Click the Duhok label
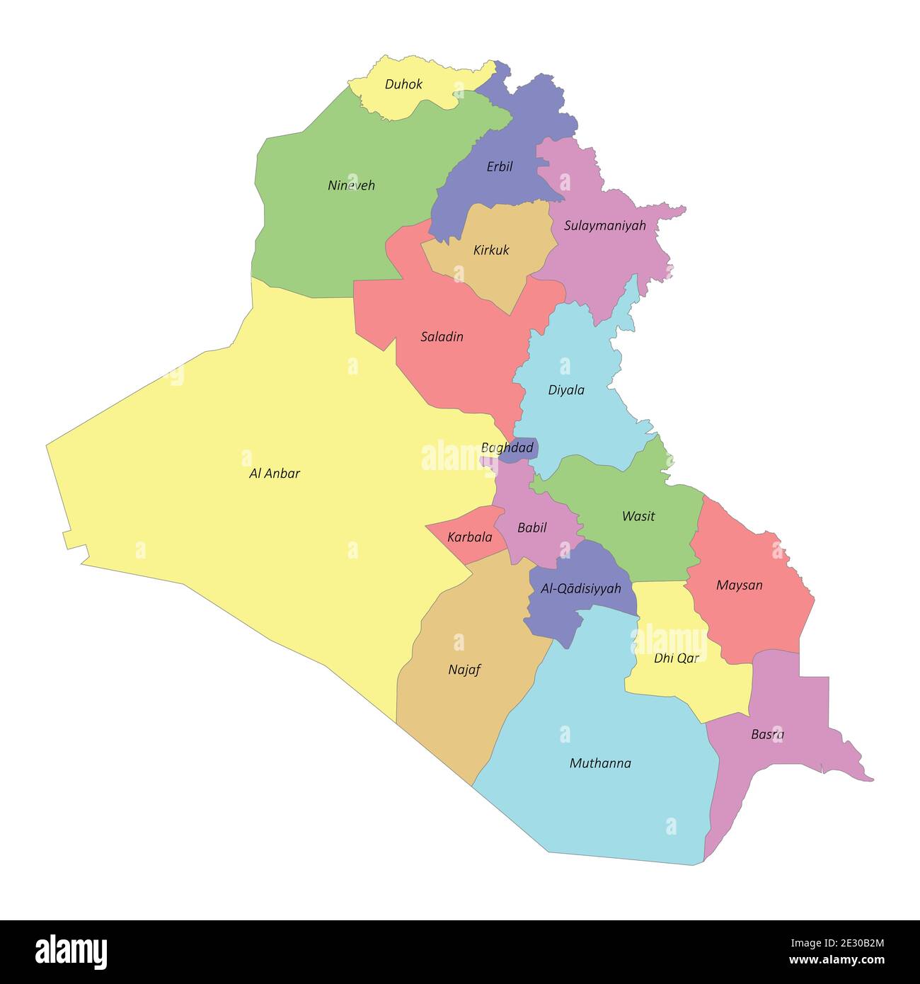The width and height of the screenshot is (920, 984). coord(403,84)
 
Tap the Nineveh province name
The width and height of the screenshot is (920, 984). coord(351,185)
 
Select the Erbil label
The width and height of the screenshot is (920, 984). coord(500,167)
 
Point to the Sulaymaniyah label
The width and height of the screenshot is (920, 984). coord(605,226)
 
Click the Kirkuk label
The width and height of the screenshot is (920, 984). coord(491,250)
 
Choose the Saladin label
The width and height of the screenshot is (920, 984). coord(442,337)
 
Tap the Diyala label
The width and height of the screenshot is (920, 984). coord(566,390)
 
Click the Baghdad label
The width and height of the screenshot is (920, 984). coord(507,448)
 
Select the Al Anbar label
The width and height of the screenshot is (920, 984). coord(275,474)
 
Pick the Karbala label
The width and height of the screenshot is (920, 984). coord(469,537)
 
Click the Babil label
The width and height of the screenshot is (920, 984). coord(531,527)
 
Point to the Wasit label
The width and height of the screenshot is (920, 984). coord(638,516)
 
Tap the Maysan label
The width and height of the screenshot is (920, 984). coord(739,585)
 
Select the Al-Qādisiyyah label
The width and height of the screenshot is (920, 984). coord(580,589)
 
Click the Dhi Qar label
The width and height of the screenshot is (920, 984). coord(676,658)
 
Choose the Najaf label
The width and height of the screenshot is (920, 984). coord(464,670)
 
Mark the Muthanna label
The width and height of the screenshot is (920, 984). coord(600,763)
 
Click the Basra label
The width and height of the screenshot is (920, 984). coord(767,735)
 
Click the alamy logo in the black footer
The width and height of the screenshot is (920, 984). coord(71,952)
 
